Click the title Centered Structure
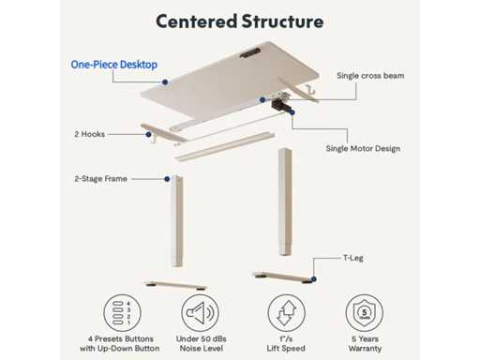coord(240,22)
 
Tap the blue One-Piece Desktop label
coord(114,65)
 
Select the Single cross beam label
coord(370,76)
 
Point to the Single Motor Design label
coord(363,148)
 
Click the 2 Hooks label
coord(90,134)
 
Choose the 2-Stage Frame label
coord(100,179)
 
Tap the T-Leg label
coord(353,258)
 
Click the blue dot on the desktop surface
coord(165,82)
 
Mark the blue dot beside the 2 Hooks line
coord(148,134)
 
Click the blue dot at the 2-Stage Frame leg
coord(167,179)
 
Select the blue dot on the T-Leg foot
coord(313,279)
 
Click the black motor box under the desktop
coord(280,106)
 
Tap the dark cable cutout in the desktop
coord(250,52)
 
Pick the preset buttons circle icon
coord(122,313)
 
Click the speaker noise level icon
coord(201,313)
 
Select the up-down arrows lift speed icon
coord(286,313)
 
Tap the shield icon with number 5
coord(365,313)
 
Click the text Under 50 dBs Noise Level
coord(202,343)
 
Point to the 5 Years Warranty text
coord(365,343)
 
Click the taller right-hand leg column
coord(285,202)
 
